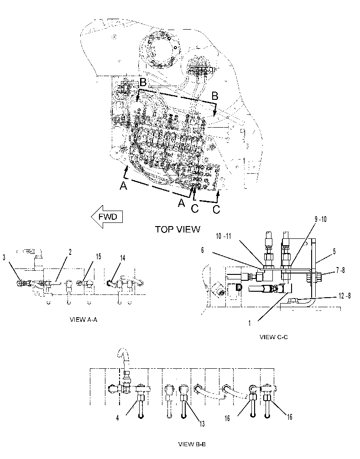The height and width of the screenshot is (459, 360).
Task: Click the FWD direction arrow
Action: tap(106, 217)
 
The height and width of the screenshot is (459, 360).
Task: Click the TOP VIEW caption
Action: tap(177, 229)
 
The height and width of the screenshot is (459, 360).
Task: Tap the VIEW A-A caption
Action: tap(83, 320)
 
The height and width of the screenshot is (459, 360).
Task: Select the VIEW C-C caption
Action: tap(274, 337)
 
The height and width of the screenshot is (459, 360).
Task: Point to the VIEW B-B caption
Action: tap(192, 444)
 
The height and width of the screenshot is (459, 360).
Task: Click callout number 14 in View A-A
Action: tap(122, 258)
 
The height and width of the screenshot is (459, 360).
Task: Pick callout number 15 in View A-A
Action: tap(99, 257)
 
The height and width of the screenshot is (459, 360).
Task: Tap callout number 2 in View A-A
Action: tap(70, 252)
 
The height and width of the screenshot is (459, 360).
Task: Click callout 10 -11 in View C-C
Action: tap(224, 236)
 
